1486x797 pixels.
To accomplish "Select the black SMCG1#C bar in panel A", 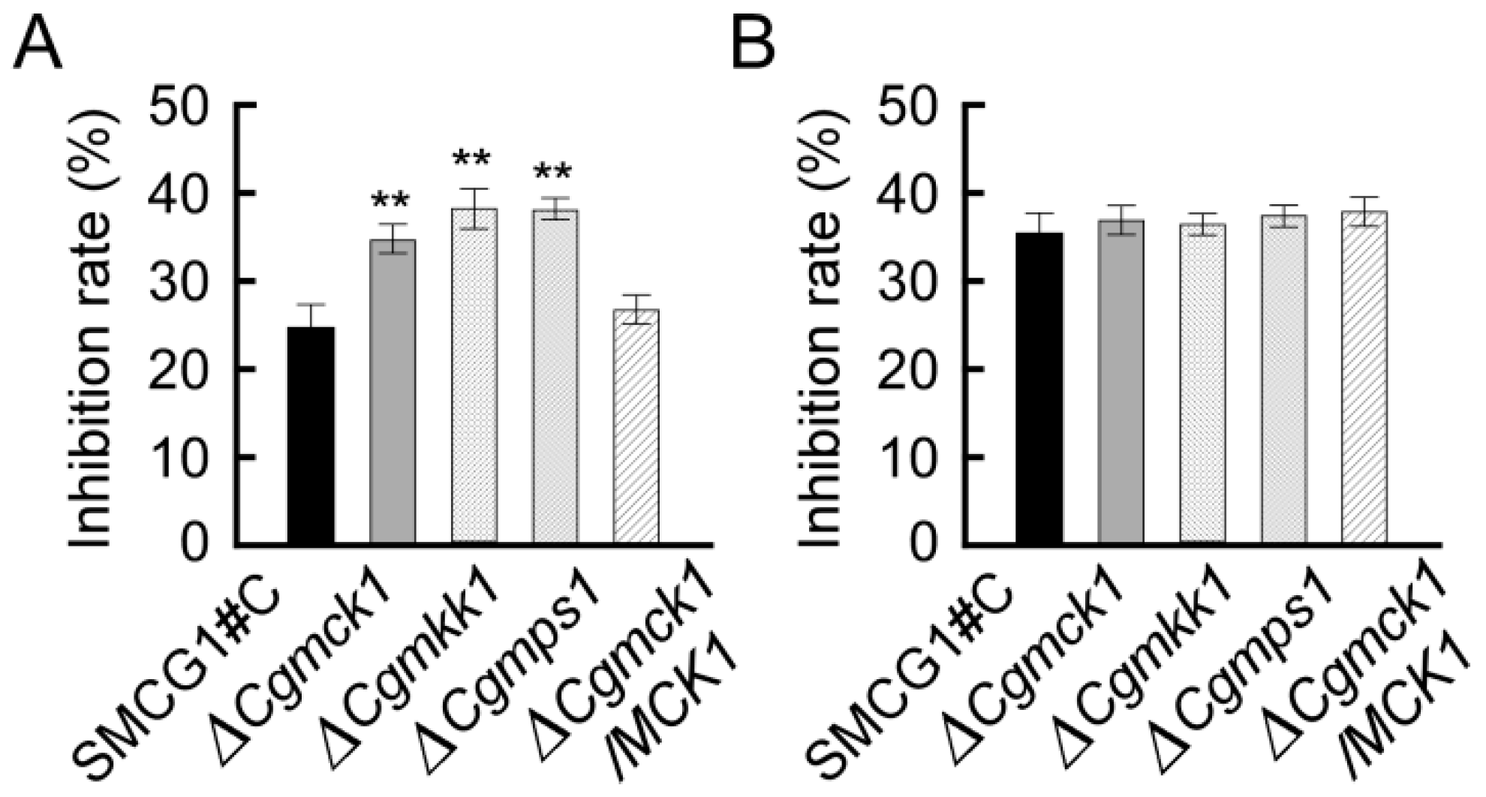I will click(311, 435).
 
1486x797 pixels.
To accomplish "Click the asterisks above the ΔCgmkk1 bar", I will click(472, 158).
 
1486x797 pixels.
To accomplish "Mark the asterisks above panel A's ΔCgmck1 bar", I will click(391, 200).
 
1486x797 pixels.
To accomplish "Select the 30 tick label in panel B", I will click(912, 281).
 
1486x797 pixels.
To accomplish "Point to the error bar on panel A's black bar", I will click(311, 315).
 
